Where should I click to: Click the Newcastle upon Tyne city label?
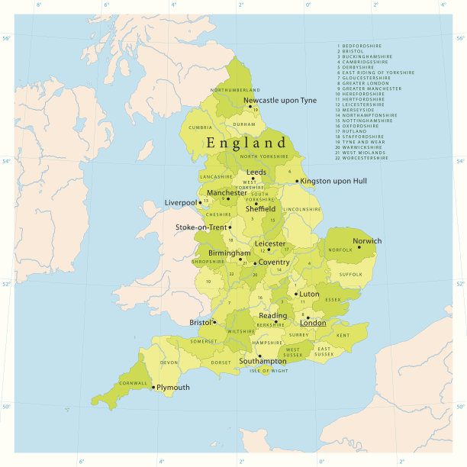pos(279,101)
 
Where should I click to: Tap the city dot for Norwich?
pos(359,247)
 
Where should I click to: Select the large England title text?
pos(246,143)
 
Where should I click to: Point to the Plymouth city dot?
pos(153,388)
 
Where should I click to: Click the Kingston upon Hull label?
pos(333,181)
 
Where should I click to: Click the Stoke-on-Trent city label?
pos(201,227)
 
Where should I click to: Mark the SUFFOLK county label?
pos(350,274)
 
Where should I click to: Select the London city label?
pos(313,323)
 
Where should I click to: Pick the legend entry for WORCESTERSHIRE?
pos(363,158)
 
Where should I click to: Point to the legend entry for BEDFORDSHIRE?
pos(361,46)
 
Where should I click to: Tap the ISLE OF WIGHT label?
pos(269,370)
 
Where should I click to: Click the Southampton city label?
pos(262,361)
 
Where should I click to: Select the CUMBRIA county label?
pos(201,127)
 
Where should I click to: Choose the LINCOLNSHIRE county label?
pos(302,208)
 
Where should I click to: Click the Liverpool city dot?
pos(200,203)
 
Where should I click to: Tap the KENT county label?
pos(343,336)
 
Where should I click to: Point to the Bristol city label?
pos(201,323)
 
